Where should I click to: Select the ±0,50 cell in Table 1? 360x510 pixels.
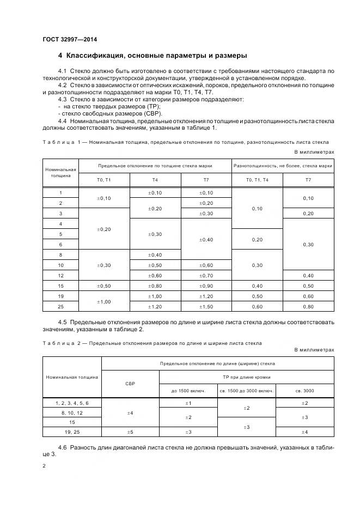click(103, 286)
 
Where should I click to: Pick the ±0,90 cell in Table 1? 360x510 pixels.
click(206, 286)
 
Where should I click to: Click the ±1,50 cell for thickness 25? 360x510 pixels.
click(206, 307)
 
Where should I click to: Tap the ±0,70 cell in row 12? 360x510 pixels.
click(206, 275)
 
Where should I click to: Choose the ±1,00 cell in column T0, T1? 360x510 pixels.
click(103, 301)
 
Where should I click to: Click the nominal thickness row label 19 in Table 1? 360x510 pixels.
click(60, 296)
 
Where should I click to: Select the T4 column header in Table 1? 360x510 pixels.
click(155, 179)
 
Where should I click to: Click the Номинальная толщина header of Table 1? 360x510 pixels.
click(60, 173)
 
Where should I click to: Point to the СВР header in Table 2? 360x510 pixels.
click(130, 383)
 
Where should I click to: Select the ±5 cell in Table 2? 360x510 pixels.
click(130, 432)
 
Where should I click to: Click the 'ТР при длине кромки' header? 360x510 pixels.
click(246, 377)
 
